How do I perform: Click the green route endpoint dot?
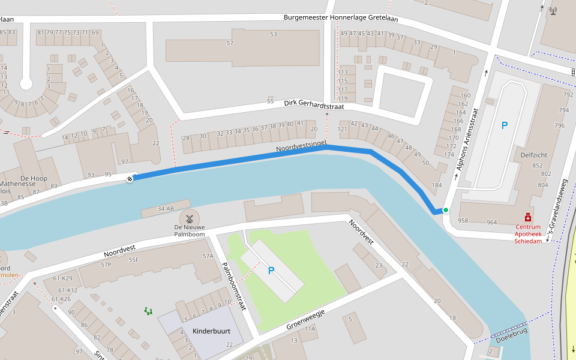tap(445, 210)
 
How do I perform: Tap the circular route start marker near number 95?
tap(130, 178)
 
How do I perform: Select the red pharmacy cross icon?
tap(528, 217)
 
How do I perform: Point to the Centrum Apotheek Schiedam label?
tap(528, 234)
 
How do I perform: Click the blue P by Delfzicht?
tap(504, 125)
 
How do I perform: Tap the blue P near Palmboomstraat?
tap(271, 271)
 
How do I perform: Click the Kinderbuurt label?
tap(211, 331)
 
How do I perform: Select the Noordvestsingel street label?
tap(301, 147)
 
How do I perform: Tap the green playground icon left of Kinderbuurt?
tap(148, 310)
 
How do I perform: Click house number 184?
tap(437, 185)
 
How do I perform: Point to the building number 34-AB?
tap(166, 209)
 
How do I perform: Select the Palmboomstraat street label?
tap(235, 286)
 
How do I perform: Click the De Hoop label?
tap(34, 178)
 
